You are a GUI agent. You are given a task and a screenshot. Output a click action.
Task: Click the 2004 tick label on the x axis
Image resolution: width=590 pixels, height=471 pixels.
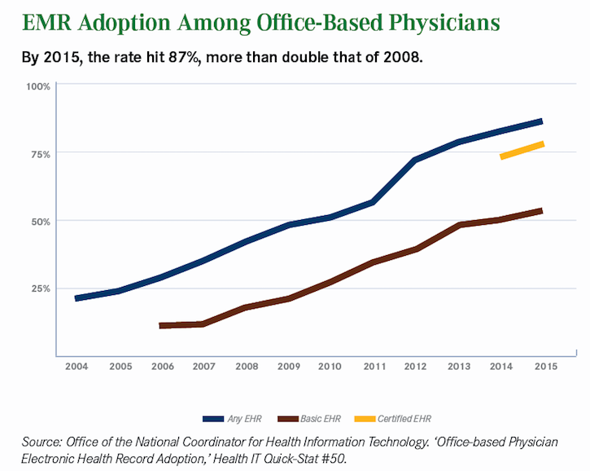tap(76, 368)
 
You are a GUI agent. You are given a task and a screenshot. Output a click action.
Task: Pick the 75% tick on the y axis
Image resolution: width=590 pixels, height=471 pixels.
tap(41, 154)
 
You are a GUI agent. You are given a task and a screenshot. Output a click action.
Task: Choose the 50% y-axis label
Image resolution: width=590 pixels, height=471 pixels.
tap(41, 221)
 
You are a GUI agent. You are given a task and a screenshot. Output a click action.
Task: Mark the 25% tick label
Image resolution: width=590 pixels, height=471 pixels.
tap(41, 288)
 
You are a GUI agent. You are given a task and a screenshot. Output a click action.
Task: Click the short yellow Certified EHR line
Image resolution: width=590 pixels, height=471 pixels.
tap(522, 150)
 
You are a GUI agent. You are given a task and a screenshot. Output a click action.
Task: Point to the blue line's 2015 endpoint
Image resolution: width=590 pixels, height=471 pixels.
tap(541, 121)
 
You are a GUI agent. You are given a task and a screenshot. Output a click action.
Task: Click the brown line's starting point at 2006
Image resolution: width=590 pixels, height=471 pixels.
tap(161, 325)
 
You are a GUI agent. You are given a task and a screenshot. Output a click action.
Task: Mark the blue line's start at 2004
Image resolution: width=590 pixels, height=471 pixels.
tap(76, 298)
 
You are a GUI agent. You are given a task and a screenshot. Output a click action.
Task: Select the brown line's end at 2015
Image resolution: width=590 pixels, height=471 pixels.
tap(541, 211)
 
